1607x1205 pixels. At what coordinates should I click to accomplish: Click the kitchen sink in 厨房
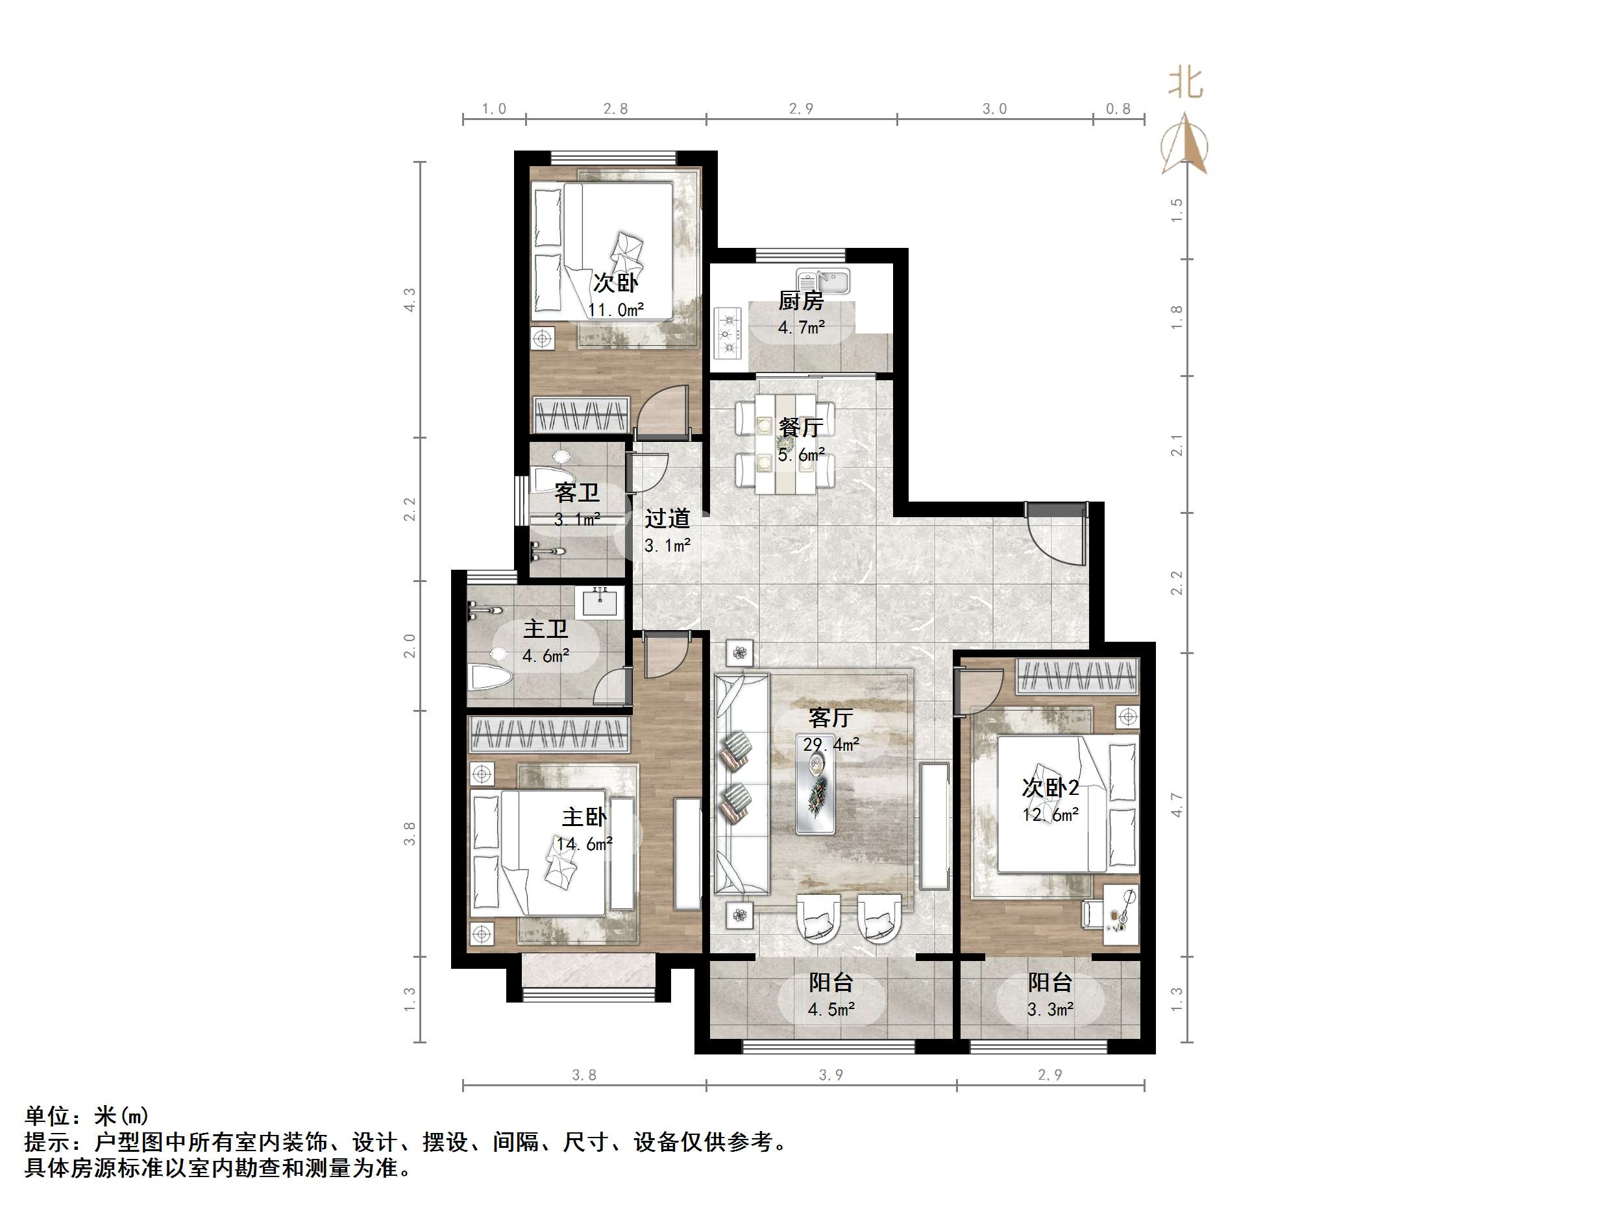click(x=823, y=280)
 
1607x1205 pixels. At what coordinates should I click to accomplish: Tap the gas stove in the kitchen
click(x=729, y=334)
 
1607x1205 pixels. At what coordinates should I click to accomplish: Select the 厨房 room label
click(x=801, y=300)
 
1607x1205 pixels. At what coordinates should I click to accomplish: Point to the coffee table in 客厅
click(x=815, y=792)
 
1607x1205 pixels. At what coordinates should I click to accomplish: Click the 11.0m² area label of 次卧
click(x=615, y=310)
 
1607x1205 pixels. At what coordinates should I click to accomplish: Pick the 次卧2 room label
click(x=1049, y=787)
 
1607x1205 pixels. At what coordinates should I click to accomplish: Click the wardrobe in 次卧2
click(x=1077, y=676)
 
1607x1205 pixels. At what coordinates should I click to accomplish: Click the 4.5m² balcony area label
click(x=830, y=1010)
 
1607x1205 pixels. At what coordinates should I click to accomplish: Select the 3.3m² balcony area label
click(x=1049, y=1010)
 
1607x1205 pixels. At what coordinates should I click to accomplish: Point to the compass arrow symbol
click(x=1185, y=145)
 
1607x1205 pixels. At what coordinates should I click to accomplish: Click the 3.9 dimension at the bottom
click(x=830, y=1075)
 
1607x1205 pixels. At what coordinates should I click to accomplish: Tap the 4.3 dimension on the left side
click(x=410, y=300)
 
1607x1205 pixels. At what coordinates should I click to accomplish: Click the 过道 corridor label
click(x=667, y=518)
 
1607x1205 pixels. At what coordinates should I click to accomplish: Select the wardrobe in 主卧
click(x=548, y=735)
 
